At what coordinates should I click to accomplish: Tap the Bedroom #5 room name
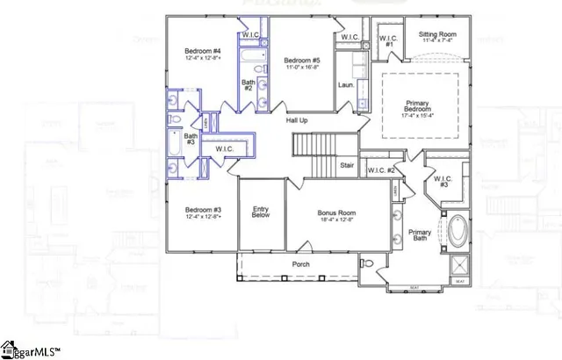tap(300, 60)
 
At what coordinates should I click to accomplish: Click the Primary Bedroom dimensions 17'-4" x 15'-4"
tap(420, 113)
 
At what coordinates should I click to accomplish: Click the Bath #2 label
tap(248, 85)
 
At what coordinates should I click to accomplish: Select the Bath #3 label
tap(191, 139)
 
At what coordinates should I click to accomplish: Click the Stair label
tap(347, 164)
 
